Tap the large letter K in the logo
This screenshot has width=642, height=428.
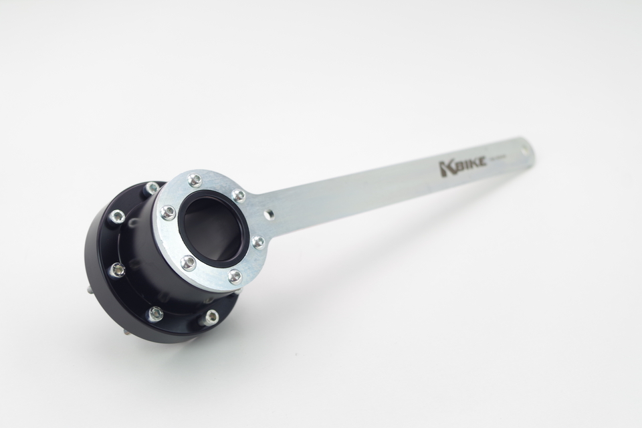446,169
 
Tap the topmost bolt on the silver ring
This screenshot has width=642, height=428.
195,179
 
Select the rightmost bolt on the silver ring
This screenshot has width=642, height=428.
258,241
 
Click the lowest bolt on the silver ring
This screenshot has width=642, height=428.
234,276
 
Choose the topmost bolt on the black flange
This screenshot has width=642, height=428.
152,188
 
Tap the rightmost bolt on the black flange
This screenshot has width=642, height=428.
211,316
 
